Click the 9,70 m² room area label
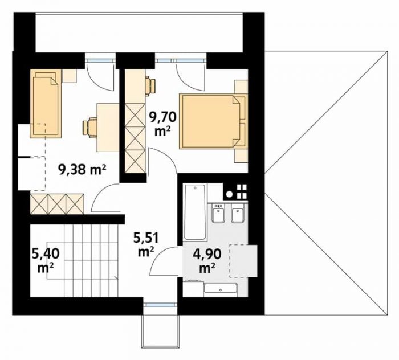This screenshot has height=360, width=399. pyautogui.click(x=162, y=124)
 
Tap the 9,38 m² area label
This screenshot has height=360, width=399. pyautogui.click(x=82, y=169)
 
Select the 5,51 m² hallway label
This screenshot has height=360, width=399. pyautogui.click(x=146, y=245)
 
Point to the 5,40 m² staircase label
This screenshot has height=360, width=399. pyautogui.click(x=46, y=260)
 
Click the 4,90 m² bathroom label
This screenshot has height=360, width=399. pyautogui.click(x=207, y=260)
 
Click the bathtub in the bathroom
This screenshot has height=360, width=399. pyautogui.click(x=195, y=212)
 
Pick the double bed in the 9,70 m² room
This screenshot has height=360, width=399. pyautogui.click(x=213, y=121)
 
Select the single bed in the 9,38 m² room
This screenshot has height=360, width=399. pyautogui.click(x=46, y=104)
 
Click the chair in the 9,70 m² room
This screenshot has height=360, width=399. pyautogui.click(x=150, y=86)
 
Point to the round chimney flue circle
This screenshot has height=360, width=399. pyautogui.click(x=230, y=194)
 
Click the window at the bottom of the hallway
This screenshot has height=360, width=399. pyautogui.click(x=160, y=304)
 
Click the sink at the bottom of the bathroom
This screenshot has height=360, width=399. pyautogui.click(x=221, y=289)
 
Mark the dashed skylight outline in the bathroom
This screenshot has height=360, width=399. pyautogui.click(x=243, y=261)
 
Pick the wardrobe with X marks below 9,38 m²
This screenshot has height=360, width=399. pyautogui.click(x=57, y=204)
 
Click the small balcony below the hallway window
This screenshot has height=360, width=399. pyautogui.click(x=160, y=330)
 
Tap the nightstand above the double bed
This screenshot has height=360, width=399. pyautogui.click(x=241, y=87)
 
